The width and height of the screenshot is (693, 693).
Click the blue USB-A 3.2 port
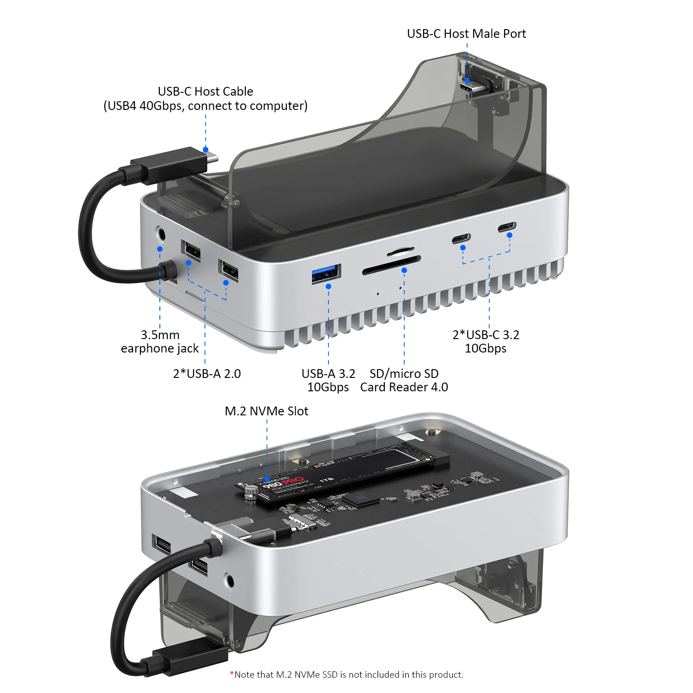coord(326,274)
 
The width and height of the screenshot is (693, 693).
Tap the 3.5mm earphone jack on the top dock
coord(161,234)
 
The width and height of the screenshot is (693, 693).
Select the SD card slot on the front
coord(391,266)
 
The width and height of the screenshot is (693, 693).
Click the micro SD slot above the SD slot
coord(400,252)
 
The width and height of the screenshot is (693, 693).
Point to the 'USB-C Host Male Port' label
coord(466,34)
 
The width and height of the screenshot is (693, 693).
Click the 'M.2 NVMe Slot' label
coord(266,411)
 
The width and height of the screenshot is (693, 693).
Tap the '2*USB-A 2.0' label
coord(207,373)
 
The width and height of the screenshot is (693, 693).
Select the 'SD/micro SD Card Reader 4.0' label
coord(404,380)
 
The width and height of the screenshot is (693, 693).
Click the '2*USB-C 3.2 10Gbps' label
coord(486,341)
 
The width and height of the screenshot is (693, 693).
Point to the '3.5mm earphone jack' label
coord(160,341)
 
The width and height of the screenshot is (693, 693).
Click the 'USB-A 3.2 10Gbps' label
coord(328,380)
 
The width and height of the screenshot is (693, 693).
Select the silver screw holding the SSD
coord(250,493)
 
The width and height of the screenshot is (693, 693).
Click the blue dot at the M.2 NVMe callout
coord(267,479)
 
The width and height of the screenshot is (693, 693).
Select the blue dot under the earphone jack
coord(160,249)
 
